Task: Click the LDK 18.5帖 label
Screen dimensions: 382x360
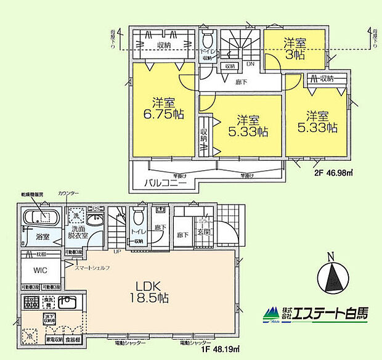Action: [x=150, y=292]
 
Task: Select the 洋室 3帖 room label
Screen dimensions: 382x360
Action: [x=294, y=48]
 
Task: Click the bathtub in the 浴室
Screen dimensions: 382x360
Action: [x=41, y=217]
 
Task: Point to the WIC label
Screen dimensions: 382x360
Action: [x=33, y=271]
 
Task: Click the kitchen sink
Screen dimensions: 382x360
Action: [x=67, y=303]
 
